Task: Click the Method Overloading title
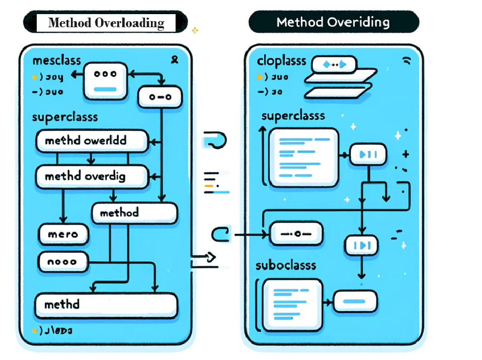tap(106, 23)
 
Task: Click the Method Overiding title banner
tap(333, 22)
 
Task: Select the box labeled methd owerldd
tap(92, 141)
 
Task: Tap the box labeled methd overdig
tap(92, 177)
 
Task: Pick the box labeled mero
tap(63, 234)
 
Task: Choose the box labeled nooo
tap(63, 262)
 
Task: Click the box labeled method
tap(134, 213)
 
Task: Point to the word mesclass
tap(57, 61)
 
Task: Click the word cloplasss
tap(282, 61)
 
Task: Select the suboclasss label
tap(286, 265)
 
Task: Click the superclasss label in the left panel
tap(64, 117)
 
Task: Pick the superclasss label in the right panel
tap(293, 116)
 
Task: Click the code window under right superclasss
tap(303, 157)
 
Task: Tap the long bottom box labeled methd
tap(106, 305)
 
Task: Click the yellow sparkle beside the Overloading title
tap(195, 30)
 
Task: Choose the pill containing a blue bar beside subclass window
tap(356, 301)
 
